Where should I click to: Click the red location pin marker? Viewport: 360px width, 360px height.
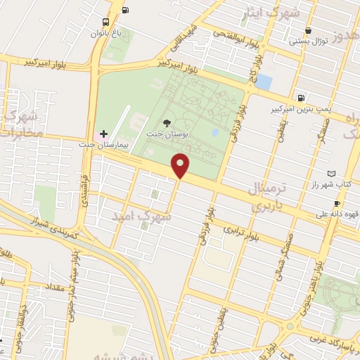click(x=181, y=165)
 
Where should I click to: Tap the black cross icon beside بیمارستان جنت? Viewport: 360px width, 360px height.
click(x=103, y=133)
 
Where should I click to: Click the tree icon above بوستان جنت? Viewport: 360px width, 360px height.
click(x=166, y=122)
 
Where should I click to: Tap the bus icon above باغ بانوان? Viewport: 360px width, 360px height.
click(x=105, y=22)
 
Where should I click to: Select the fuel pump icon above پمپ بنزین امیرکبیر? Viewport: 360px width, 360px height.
click(x=301, y=98)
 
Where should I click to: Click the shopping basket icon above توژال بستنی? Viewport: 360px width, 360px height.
click(x=309, y=30)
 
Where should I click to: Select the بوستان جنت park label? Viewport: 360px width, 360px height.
click(x=165, y=133)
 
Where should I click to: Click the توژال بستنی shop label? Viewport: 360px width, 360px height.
click(x=309, y=41)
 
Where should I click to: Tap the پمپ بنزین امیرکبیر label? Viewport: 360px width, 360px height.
click(x=300, y=110)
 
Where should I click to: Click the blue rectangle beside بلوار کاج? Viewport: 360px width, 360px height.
click(x=264, y=81)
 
